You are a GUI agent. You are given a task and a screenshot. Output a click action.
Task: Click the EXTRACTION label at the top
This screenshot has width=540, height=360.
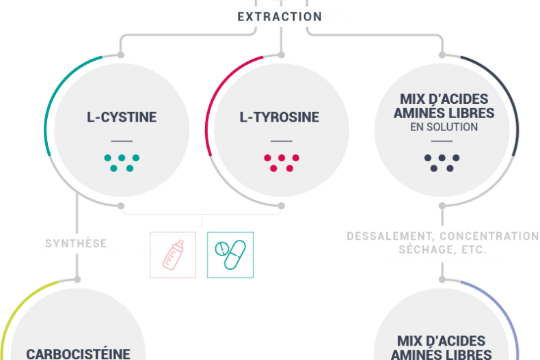279,16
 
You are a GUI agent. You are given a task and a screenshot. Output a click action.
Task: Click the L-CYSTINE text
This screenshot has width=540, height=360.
122,117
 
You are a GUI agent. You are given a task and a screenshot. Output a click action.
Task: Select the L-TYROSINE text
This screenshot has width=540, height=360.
279,117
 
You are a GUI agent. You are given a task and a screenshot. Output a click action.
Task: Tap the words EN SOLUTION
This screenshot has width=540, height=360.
444,128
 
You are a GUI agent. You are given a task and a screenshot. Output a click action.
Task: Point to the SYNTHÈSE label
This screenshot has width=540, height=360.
76,243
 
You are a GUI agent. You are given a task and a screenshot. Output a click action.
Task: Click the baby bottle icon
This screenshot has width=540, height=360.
173,255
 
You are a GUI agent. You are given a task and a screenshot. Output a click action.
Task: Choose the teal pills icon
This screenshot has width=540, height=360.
230,255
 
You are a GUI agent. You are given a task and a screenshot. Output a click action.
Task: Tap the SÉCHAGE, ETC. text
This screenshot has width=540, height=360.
443,251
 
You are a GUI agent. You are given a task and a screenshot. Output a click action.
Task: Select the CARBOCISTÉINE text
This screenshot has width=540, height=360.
78,354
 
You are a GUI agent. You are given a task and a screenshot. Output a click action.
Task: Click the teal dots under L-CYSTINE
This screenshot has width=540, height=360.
122,163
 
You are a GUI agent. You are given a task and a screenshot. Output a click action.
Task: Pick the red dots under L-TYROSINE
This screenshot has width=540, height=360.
279,163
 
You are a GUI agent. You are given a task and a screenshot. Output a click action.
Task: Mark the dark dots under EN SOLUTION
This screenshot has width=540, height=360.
442,163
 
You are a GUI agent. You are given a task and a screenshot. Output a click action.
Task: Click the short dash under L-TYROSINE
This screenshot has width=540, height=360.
279,141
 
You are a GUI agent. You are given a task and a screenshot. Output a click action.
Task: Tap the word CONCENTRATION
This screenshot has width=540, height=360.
489,236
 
